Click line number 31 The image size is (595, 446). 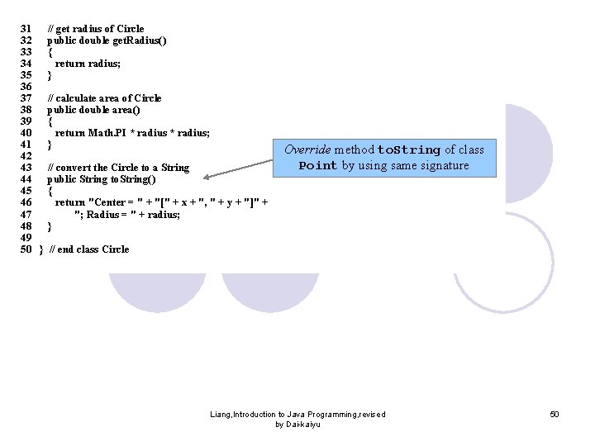(25, 29)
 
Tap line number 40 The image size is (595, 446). (25, 133)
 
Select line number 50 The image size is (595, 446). (25, 249)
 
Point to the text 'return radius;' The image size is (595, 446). (88, 64)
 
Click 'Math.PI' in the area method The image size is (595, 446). (106, 133)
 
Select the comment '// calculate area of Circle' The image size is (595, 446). (104, 98)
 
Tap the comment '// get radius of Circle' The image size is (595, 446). (95, 29)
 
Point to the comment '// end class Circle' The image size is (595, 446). (89, 249)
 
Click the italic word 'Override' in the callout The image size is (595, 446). (307, 150)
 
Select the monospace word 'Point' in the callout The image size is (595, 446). (317, 166)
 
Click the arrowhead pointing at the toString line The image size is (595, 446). (207, 177)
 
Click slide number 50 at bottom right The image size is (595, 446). (555, 414)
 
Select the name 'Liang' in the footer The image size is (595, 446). (221, 414)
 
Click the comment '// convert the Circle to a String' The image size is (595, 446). (118, 168)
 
